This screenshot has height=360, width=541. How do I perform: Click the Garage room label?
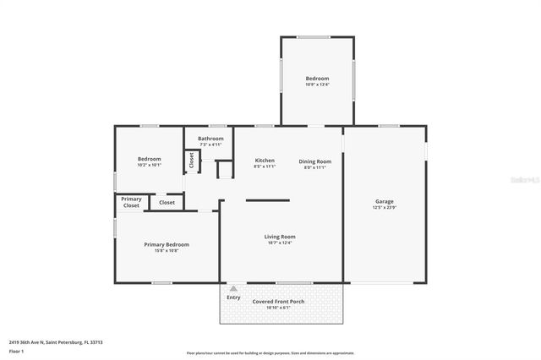point(385,201)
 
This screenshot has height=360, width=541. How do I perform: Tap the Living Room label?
point(280,237)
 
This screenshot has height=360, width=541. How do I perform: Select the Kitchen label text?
point(265,161)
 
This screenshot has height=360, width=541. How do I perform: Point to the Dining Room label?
point(314,161)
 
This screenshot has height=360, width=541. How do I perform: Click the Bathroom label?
point(210,139)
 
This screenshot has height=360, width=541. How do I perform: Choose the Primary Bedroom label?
point(167,244)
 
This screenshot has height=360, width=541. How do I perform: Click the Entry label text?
point(233,297)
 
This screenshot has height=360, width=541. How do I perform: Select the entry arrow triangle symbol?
point(233,288)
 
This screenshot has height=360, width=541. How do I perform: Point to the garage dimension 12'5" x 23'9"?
point(385,207)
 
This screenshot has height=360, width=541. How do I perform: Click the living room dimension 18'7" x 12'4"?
point(280,243)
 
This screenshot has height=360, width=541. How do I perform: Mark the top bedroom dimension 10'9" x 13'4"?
point(317,85)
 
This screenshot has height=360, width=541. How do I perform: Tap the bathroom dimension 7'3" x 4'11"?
point(210,145)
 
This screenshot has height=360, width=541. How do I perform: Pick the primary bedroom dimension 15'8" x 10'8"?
point(167,250)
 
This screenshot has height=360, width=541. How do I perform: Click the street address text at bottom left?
point(56,342)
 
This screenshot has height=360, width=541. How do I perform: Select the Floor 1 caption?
point(16,350)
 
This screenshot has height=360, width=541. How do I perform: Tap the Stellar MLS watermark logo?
point(524,179)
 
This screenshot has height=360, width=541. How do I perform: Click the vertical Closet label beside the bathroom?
point(192,161)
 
